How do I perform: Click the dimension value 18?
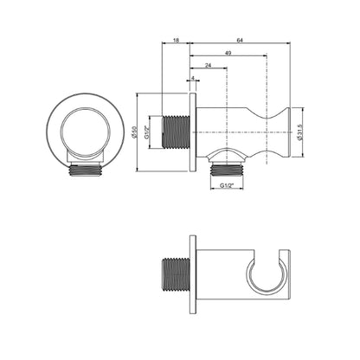coord(176,40)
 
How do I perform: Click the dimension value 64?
coord(240,40)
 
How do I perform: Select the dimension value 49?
coord(228,53)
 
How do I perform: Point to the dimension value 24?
coord(208,66)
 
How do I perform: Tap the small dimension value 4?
coord(193,78)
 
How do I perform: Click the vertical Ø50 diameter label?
coord(133,132)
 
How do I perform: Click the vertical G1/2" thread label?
coord(146,132)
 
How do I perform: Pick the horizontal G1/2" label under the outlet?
coord(227,186)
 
